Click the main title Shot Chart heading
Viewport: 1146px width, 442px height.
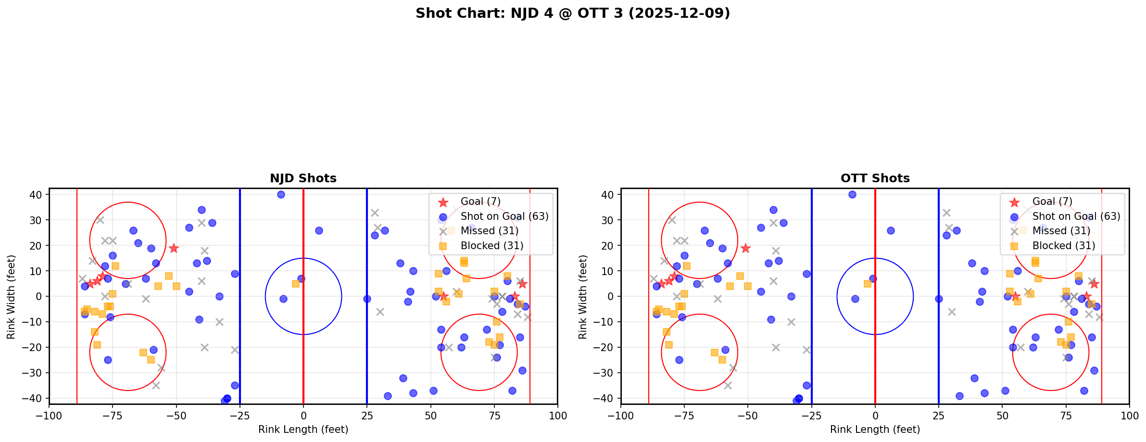[x=573, y=13]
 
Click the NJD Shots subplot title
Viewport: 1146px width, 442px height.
[x=303, y=178]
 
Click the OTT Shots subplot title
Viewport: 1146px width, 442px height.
[x=875, y=178]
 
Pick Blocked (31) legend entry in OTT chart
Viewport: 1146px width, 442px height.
[x=1064, y=246]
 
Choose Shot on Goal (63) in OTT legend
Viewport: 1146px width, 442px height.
[x=1076, y=216]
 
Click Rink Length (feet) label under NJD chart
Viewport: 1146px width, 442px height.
[x=303, y=429]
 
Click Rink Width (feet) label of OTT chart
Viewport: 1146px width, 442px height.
[x=582, y=297]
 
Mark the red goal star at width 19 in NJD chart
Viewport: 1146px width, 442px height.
[x=174, y=248]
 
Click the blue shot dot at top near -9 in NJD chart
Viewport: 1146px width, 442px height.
[x=281, y=195]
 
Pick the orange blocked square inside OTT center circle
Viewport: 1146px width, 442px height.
[x=867, y=284]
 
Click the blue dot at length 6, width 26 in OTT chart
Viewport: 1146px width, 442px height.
[x=891, y=230]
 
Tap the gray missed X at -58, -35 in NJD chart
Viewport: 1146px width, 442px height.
[x=156, y=385]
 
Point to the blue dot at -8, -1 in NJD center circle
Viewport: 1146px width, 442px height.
[x=283, y=299]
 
